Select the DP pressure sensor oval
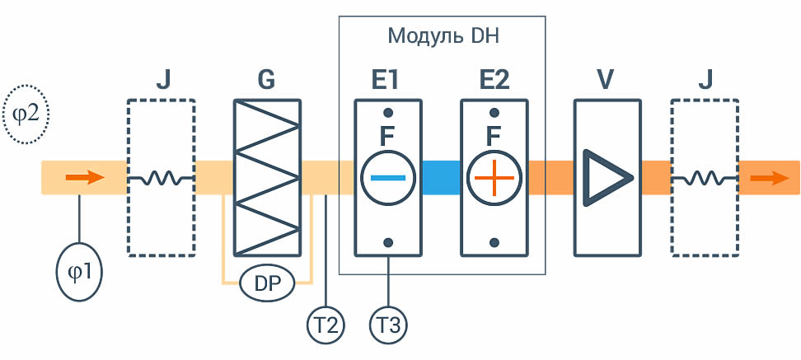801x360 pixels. coord(267,283)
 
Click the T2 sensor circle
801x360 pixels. coord(326,325)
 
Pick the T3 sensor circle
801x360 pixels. coord(389,325)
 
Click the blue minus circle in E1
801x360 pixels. coord(388,178)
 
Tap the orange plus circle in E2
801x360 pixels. coord(494,178)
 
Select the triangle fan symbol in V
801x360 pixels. coord(602,177)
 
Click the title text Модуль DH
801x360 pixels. coord(443,36)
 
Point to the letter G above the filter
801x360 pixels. coord(267,79)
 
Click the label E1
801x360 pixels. coord(385,79)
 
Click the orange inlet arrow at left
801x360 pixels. coord(85,178)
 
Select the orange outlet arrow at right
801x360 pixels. coord(770,178)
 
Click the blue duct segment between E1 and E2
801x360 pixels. coord(442,178)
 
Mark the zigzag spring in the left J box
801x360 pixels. coord(161,178)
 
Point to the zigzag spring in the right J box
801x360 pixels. coord(704,178)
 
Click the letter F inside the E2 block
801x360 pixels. coord(493,136)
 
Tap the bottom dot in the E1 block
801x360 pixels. coord(388,242)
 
